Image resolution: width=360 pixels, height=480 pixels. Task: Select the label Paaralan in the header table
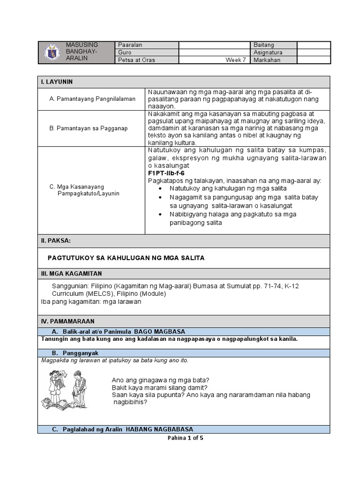coord(131,45)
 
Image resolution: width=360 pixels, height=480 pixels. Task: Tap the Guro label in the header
coord(125,52)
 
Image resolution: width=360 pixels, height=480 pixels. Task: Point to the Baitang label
coord(264,45)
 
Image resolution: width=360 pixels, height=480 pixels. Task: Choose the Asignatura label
coord(268,52)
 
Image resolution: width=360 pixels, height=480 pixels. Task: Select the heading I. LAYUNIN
coord(57,82)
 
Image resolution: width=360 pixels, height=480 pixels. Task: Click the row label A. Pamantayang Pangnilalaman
coord(92,99)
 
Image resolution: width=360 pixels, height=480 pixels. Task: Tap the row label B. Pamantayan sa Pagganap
coord(88,128)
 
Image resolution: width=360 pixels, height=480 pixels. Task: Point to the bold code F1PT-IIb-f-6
coord(166,172)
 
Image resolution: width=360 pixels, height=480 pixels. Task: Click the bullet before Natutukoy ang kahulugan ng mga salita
coord(160,188)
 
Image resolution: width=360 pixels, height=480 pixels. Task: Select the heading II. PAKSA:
coord(56,240)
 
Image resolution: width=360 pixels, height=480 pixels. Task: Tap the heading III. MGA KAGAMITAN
coord(71,274)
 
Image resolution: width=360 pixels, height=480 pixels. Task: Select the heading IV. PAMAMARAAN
coord(67,321)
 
